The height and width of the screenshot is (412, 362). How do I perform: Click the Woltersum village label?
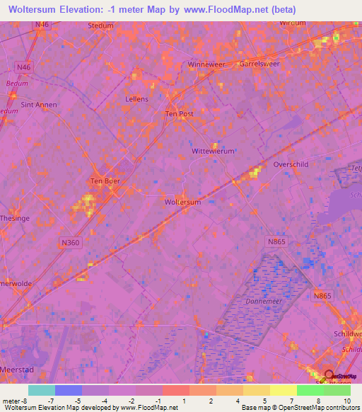click(x=182, y=202)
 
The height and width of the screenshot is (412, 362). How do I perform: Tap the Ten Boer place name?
click(x=105, y=181)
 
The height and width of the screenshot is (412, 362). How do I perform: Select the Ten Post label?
click(x=179, y=113)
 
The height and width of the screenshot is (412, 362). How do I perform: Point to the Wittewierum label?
click(x=213, y=151)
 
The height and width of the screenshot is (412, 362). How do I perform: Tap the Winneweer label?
click(x=206, y=64)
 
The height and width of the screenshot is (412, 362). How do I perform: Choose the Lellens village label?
click(x=137, y=99)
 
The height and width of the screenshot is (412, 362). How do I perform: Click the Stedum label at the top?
click(x=100, y=25)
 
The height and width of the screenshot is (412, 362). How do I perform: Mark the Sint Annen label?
click(x=39, y=105)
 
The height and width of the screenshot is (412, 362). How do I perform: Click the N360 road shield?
click(x=71, y=243)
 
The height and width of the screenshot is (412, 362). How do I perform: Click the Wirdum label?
click(x=293, y=23)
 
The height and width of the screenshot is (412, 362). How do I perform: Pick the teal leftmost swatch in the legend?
click(x=41, y=390)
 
